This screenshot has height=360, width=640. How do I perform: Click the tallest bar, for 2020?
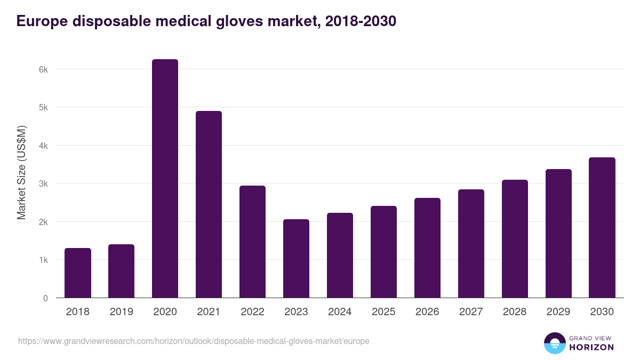click(x=165, y=179)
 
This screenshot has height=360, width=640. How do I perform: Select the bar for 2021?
click(x=209, y=204)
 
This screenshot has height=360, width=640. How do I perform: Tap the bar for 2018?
click(x=78, y=273)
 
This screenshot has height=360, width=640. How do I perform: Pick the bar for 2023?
click(x=296, y=259)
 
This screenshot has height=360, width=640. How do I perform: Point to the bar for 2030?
click(x=602, y=228)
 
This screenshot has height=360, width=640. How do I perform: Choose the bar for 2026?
click(x=427, y=248)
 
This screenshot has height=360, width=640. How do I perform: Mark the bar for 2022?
click(x=252, y=242)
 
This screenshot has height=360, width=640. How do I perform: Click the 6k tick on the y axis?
click(x=43, y=69)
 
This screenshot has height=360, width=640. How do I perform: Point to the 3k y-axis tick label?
click(x=43, y=183)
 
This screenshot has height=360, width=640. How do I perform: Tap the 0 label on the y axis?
click(x=45, y=298)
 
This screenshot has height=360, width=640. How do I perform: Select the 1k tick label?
click(x=43, y=260)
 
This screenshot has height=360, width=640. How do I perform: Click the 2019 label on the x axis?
click(x=121, y=312)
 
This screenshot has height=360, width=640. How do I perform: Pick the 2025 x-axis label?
click(x=383, y=312)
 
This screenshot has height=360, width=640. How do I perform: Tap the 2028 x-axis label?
click(x=515, y=312)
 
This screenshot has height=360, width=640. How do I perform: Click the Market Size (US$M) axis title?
click(x=21, y=172)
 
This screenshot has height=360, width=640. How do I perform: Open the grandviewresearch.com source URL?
click(x=194, y=341)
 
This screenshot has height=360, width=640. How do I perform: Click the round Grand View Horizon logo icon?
click(x=554, y=343)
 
